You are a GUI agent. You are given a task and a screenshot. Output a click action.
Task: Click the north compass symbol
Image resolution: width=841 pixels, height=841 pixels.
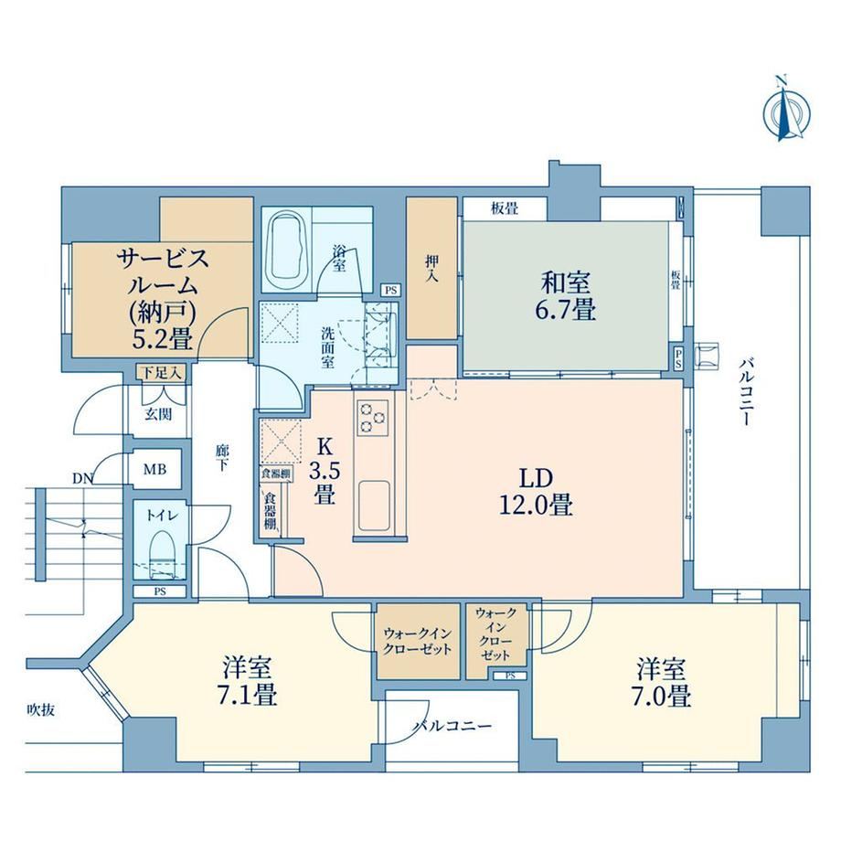click(x=786, y=112)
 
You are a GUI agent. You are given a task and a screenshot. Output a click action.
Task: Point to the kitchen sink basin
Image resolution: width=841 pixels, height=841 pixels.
click(x=374, y=505)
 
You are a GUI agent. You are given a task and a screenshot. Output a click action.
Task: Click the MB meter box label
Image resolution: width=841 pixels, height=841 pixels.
click(x=154, y=470)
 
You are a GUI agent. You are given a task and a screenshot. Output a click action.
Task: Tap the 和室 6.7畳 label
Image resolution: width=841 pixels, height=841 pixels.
click(x=565, y=295)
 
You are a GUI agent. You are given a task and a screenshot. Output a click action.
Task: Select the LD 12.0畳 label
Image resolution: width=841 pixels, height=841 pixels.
click(x=536, y=492)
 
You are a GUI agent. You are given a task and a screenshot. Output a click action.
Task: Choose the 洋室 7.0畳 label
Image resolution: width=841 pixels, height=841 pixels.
click(x=661, y=684)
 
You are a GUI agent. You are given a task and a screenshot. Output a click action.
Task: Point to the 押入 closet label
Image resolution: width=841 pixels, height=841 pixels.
click(x=431, y=269)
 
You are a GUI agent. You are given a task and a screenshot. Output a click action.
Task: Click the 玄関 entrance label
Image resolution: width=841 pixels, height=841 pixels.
click(x=158, y=414)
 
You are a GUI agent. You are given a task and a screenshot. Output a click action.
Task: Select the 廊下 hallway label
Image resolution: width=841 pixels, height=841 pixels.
click(x=222, y=457)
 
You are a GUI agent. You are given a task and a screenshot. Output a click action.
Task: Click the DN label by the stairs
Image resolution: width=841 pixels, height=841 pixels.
click(x=82, y=478)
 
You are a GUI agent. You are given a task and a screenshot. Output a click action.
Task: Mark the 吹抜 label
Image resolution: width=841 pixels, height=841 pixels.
click(x=41, y=710)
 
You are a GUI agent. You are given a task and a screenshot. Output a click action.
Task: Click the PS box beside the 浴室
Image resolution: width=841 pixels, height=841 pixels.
click(x=391, y=290)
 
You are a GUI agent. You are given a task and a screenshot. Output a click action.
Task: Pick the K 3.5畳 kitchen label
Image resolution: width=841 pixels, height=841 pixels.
click(x=324, y=472)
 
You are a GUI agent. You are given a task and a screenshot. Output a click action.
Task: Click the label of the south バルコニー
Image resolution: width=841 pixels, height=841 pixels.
click(x=452, y=727)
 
